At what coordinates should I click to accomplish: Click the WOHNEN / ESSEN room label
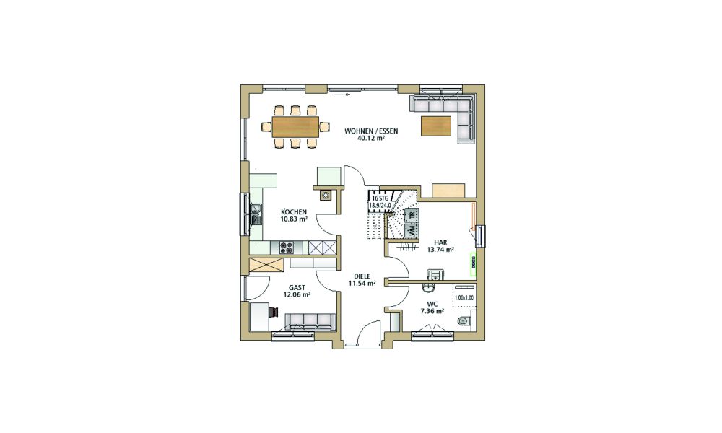(371, 131)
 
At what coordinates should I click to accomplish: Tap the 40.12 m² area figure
(371, 138)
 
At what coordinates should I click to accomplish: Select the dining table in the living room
(295, 127)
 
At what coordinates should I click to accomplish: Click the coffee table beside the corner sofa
(436, 126)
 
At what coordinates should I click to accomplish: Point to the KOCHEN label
(294, 212)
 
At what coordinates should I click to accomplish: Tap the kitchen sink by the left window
(256, 214)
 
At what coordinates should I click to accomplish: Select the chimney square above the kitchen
(326, 196)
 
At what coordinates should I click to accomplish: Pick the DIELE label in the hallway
(362, 276)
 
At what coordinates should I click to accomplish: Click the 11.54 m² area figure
(362, 284)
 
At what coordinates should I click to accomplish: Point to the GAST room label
(297, 288)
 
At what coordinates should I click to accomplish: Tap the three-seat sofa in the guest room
(310, 321)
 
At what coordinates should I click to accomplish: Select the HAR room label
(440, 242)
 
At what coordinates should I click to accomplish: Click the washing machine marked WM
(412, 229)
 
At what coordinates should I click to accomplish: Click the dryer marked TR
(412, 214)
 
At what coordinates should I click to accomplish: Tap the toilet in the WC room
(464, 321)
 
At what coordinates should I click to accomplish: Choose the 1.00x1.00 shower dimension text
(464, 298)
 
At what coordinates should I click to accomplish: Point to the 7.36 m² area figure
(432, 311)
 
